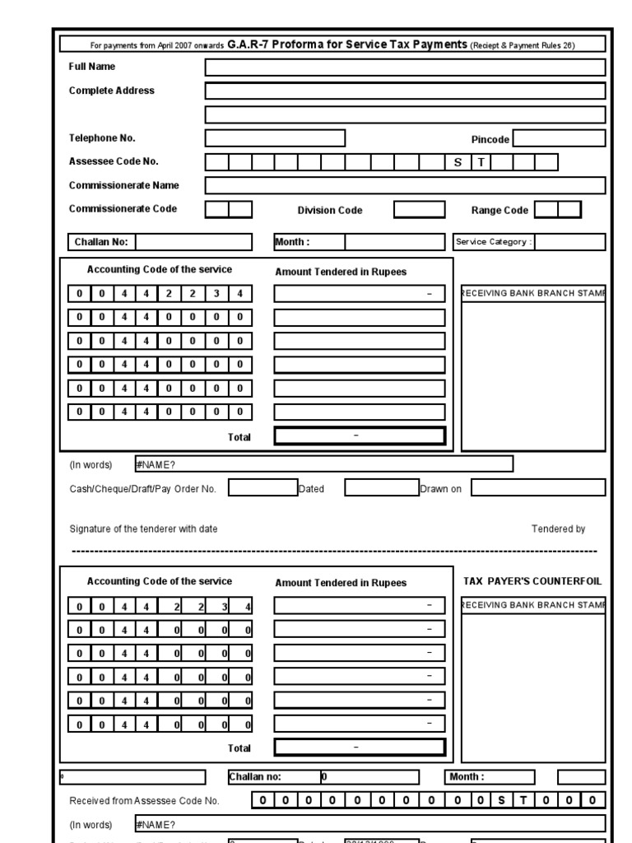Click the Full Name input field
click(x=405, y=68)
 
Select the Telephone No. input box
click(x=275, y=138)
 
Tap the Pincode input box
click(x=559, y=138)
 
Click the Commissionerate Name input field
click(x=405, y=185)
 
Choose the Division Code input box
click(x=419, y=210)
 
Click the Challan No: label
click(x=100, y=242)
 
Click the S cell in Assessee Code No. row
click(x=458, y=162)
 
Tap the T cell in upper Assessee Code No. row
click(x=480, y=162)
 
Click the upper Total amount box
click(x=359, y=436)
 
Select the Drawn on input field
click(x=538, y=488)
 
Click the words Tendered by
click(x=558, y=529)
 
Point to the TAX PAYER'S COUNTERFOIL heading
click(x=532, y=581)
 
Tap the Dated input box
click(x=381, y=488)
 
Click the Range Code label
click(x=500, y=210)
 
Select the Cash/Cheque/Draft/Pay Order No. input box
click(x=263, y=488)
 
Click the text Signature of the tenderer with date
click(x=143, y=529)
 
